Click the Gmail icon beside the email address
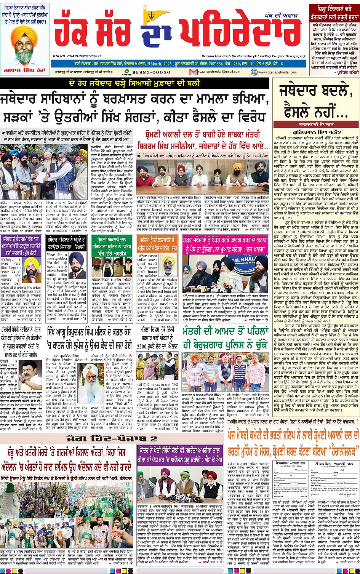coord(195,72)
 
